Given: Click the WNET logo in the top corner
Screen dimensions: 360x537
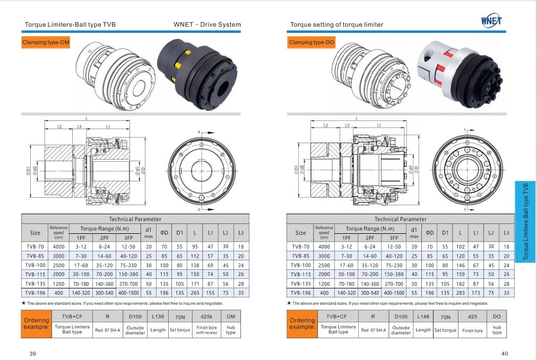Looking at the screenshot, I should click(x=491, y=20).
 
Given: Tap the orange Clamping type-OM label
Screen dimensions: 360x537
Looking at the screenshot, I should click(x=46, y=42).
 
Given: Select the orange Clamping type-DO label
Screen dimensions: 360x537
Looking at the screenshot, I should click(x=311, y=42).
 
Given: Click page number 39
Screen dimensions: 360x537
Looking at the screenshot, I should click(x=32, y=354).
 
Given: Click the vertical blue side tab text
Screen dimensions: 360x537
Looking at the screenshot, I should click(x=526, y=221).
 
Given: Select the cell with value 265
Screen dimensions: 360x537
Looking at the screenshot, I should click(x=195, y=293).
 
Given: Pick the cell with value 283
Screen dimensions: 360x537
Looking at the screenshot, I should click(x=460, y=293).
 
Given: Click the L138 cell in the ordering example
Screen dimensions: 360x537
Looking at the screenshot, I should click(x=158, y=317).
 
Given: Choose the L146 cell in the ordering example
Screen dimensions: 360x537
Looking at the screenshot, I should click(x=423, y=317).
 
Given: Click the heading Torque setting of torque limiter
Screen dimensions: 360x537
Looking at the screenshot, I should click(x=336, y=24).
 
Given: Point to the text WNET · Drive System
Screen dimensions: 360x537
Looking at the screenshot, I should click(x=207, y=24).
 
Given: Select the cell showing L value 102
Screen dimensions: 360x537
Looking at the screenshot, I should click(x=460, y=247).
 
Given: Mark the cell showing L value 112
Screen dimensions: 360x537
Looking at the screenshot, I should click(x=195, y=256).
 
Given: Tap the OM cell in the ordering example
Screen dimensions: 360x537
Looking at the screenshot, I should click(x=231, y=317).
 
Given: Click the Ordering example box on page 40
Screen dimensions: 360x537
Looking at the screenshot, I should click(x=302, y=323).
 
